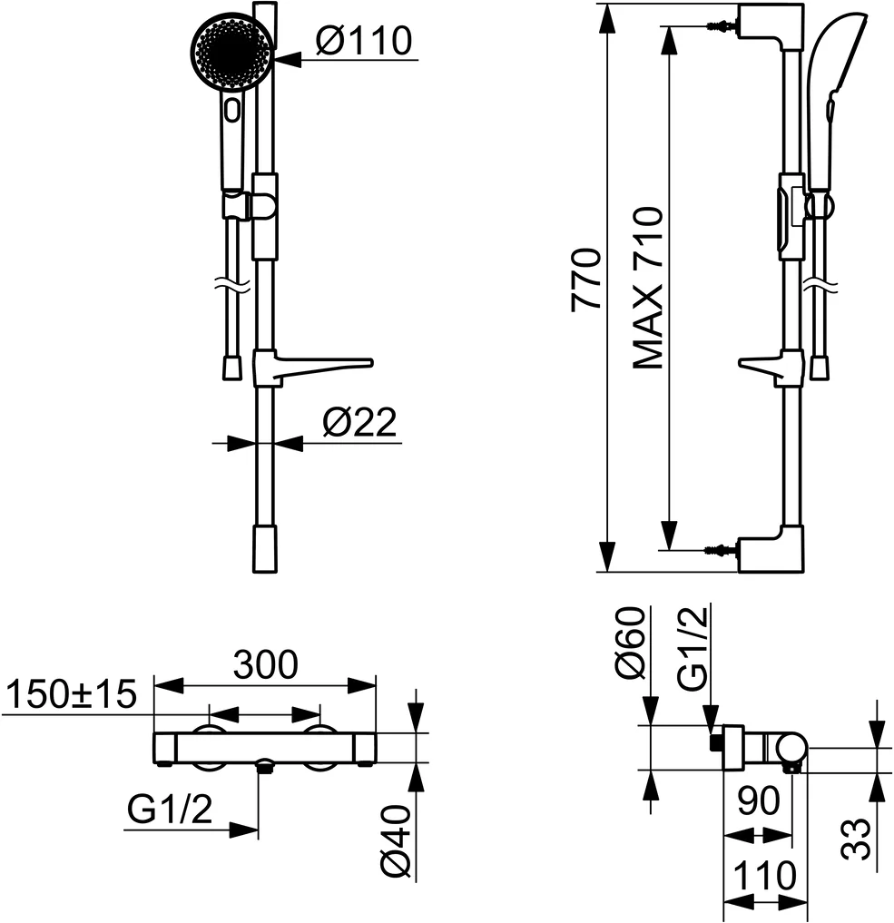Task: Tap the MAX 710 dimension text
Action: tap(648, 288)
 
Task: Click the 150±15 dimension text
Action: tap(71, 696)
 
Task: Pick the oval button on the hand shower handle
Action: tap(232, 112)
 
